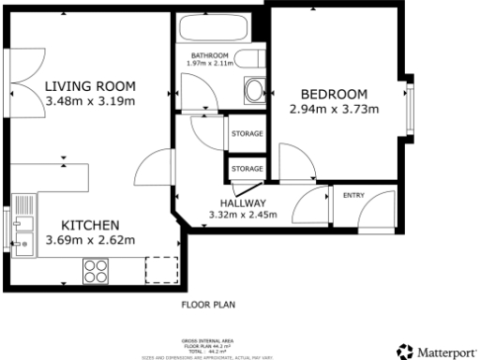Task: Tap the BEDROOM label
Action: coord(334,94)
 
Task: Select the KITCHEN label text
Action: coord(90,225)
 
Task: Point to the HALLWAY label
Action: coord(243,203)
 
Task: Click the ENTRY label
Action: coord(353,195)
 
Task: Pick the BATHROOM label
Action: coord(210,55)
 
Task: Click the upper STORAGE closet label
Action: coord(247,134)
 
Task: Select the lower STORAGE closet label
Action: coord(247,168)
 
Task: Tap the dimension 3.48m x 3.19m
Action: coord(90,100)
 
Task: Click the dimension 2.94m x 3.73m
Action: coord(334,109)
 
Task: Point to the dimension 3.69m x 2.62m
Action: coord(90,240)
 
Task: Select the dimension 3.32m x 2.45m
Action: coord(243,215)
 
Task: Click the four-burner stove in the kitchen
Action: coord(96,270)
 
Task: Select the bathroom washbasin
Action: coord(253,91)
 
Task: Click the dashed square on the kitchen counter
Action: coord(160,269)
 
